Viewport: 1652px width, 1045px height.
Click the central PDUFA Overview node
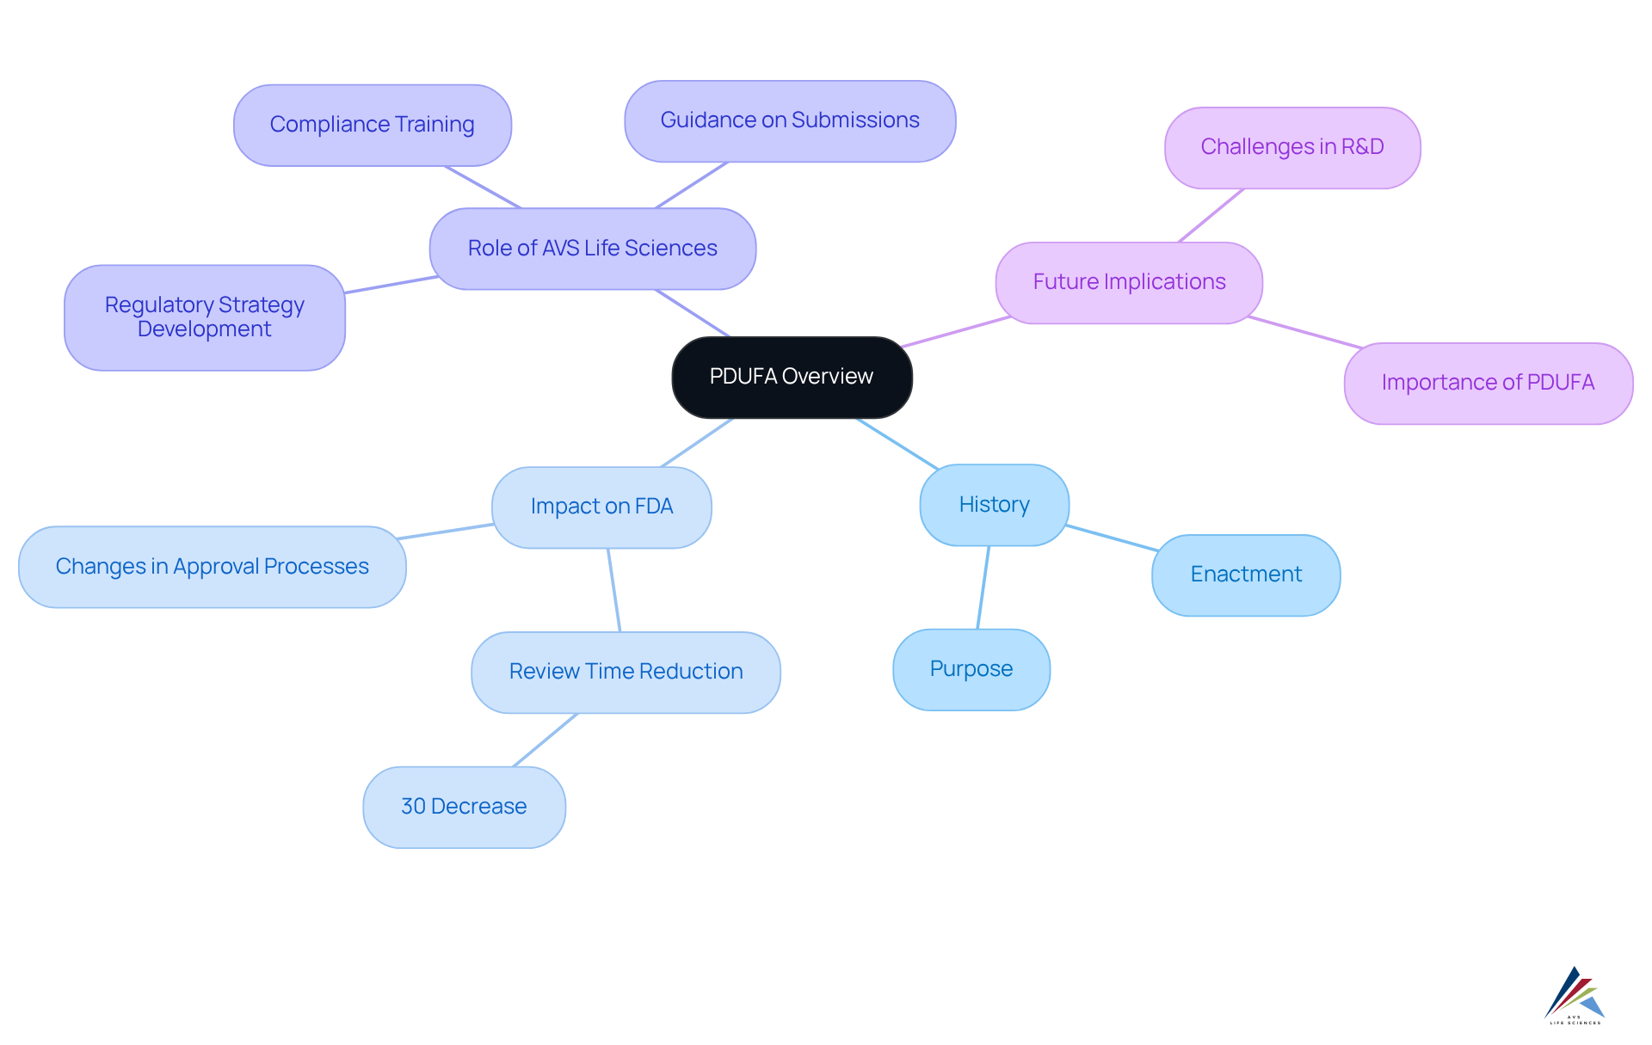pos(791,377)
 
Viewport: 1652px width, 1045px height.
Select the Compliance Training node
pos(372,125)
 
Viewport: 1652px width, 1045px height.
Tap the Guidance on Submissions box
pos(789,120)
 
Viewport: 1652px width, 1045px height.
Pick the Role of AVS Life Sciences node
pos(592,249)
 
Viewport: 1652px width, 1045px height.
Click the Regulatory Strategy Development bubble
pos(204,317)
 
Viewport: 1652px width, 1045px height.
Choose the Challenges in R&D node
pos(1291,147)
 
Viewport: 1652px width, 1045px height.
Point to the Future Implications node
pos(1128,282)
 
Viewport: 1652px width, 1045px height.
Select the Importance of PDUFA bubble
pos(1488,383)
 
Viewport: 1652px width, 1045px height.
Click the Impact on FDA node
pos(601,507)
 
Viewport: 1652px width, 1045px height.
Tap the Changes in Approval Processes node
pos(212,567)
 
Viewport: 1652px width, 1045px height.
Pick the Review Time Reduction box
pos(626,672)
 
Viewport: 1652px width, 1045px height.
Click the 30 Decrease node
pos(464,807)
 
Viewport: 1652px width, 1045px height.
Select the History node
pos(994,505)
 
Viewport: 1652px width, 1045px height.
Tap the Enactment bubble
pos(1245,575)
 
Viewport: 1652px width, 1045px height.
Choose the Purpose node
pos(971,669)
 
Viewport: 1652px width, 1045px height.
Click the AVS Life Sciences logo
pos(1575,995)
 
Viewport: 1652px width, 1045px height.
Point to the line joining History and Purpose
pos(983,587)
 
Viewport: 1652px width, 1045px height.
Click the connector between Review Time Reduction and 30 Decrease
pos(545,740)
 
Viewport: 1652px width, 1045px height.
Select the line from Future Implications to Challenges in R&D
pos(1211,215)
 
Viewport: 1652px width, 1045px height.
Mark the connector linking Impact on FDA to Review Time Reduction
pos(613,590)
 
